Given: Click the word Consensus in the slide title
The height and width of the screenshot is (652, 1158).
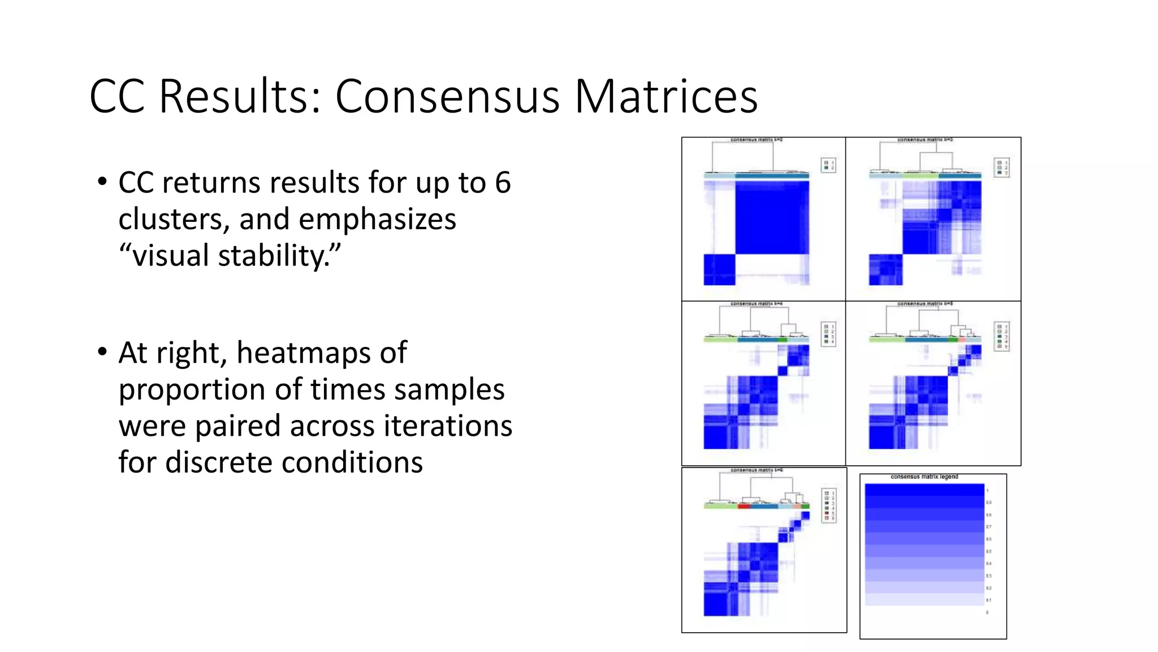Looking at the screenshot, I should coord(448,96).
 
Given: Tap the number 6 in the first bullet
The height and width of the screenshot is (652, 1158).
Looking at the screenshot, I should coord(503,183).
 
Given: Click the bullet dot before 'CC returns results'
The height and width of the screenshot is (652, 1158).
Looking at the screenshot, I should coord(102,182).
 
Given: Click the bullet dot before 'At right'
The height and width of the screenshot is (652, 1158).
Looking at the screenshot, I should coord(102,352).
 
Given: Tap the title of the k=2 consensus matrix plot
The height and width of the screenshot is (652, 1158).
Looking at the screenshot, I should coord(756,139).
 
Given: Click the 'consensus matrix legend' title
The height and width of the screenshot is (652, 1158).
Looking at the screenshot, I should coord(924,477).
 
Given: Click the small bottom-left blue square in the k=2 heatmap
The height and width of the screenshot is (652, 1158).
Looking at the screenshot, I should coord(719,269).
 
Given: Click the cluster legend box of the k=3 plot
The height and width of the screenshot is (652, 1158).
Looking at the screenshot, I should coord(1001,167).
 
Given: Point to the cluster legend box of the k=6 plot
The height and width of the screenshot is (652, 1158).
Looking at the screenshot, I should coord(828,505).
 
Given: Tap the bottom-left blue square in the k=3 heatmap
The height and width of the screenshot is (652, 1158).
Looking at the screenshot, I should coord(885,269).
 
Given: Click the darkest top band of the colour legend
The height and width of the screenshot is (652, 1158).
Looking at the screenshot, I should coord(924,490).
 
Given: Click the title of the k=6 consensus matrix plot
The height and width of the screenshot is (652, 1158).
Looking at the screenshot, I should coord(756,470).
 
